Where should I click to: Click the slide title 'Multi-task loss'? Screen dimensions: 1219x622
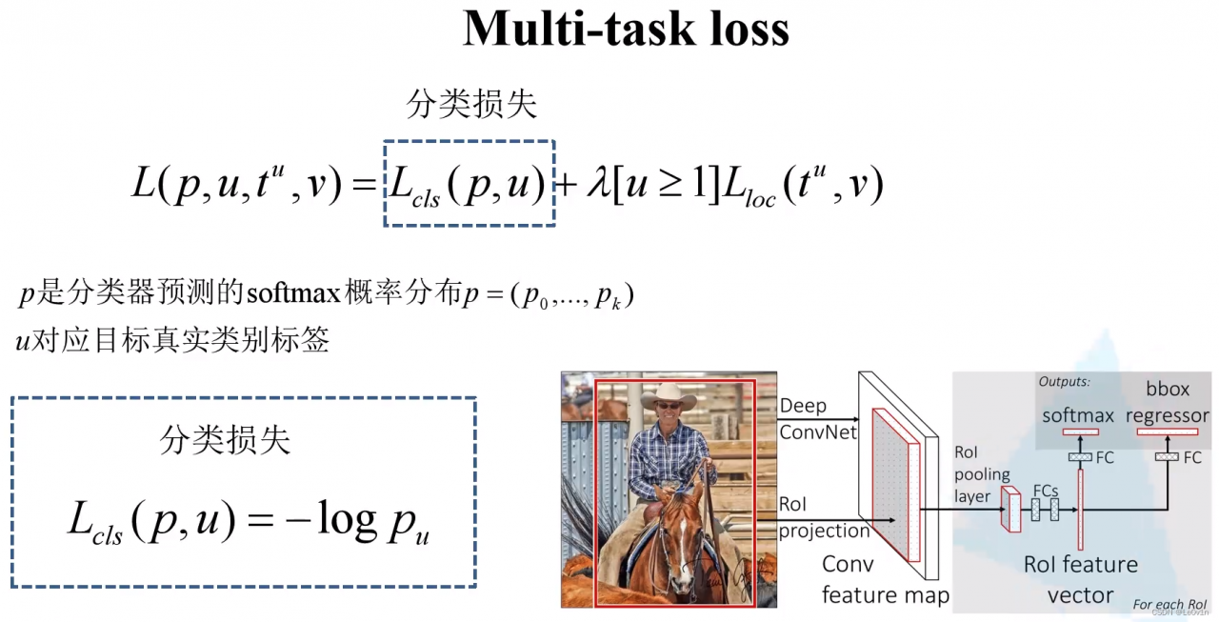(626, 29)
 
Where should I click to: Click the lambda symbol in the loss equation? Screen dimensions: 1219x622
(599, 183)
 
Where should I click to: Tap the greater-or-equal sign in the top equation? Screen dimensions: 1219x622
(672, 184)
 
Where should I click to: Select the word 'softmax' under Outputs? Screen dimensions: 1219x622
(1077, 415)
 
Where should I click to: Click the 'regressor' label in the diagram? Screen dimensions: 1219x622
(1168, 416)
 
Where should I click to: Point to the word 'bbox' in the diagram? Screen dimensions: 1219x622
(1168, 389)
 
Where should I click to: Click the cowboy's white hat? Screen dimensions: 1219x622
(669, 395)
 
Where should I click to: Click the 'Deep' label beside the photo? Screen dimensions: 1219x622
(803, 406)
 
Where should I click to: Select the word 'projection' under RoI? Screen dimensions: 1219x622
(824, 531)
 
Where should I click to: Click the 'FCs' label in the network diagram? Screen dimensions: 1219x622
(1046, 491)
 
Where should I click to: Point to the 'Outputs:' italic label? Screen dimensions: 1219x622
(1064, 381)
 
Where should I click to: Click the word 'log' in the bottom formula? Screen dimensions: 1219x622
(347, 519)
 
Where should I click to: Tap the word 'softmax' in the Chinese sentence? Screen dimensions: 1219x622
(294, 293)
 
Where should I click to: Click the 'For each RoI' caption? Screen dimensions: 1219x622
(1169, 604)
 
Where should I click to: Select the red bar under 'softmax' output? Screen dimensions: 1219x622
(1080, 432)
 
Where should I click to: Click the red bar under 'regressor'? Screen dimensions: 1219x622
(1168, 432)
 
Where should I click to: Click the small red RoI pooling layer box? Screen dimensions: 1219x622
(1010, 510)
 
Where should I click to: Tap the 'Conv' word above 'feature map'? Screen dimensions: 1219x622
(848, 564)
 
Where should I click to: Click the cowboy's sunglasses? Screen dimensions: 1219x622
(669, 406)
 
